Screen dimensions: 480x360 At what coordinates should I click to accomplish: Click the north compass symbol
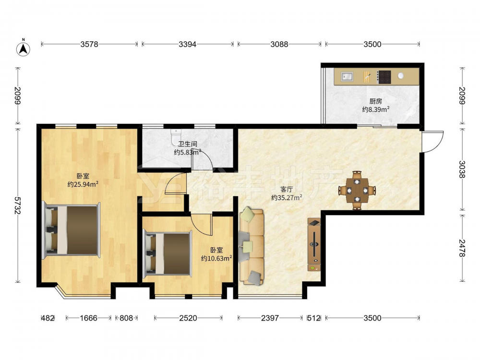(x=23, y=48)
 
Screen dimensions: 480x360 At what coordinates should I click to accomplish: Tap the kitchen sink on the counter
(x=347, y=76)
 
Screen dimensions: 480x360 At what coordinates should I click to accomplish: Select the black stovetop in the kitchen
(x=384, y=77)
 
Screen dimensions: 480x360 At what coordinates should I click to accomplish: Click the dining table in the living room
(x=357, y=191)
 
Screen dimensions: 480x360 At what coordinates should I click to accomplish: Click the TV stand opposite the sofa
(x=314, y=245)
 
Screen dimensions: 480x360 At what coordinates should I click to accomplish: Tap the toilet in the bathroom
(x=176, y=137)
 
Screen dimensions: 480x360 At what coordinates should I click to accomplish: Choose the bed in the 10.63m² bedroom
(x=168, y=253)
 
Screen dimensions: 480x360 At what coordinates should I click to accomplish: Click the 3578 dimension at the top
(x=89, y=44)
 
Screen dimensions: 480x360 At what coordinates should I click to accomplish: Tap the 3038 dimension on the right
(x=462, y=169)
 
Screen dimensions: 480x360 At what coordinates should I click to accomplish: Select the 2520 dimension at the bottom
(x=188, y=318)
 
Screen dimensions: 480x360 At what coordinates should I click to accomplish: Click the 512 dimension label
(x=314, y=318)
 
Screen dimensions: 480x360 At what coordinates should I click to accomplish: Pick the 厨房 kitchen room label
(x=376, y=101)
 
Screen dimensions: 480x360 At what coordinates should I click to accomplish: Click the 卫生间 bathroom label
(x=188, y=144)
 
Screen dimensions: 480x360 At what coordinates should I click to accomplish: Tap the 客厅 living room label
(x=286, y=190)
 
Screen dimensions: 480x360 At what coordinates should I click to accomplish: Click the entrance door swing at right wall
(x=433, y=142)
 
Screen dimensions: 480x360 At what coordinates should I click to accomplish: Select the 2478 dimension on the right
(x=462, y=248)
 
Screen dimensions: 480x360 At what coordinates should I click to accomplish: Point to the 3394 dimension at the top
(x=187, y=44)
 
